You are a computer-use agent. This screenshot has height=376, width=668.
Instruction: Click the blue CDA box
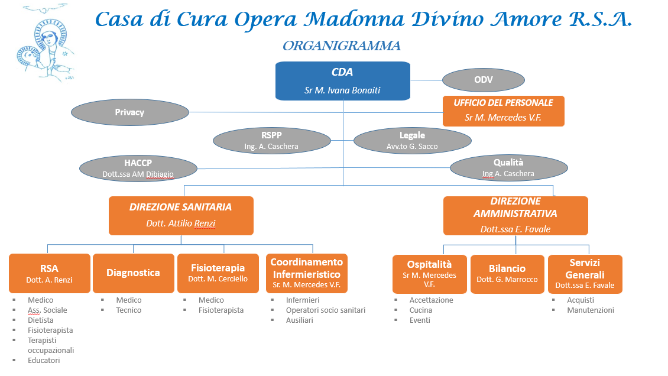point(342,81)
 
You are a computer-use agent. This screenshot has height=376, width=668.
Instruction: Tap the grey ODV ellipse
point(484,80)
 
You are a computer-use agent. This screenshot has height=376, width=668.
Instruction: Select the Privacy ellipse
point(130,112)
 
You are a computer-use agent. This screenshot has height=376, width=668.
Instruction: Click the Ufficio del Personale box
point(504,111)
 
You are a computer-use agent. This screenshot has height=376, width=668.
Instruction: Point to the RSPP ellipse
point(272,141)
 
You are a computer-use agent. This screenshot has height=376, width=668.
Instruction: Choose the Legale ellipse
point(413,141)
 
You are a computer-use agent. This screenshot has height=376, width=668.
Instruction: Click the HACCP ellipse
point(138,168)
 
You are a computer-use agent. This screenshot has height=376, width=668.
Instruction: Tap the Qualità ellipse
point(508,168)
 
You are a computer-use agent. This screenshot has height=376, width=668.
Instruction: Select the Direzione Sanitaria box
point(181,215)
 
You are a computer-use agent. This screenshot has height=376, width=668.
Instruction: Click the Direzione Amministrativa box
point(515,215)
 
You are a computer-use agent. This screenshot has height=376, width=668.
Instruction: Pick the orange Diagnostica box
point(134,273)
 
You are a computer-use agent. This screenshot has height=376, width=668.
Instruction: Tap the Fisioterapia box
point(218,273)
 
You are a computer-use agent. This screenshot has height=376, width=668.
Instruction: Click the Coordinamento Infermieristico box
point(307,273)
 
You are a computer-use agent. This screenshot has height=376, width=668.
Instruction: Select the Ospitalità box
point(429,274)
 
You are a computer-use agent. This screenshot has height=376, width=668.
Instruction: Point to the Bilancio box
point(507,274)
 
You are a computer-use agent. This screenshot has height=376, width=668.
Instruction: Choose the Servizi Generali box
point(585,274)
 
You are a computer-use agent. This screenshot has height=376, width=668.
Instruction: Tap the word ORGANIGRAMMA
point(342,46)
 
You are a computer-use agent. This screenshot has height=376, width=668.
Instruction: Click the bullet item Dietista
point(40,320)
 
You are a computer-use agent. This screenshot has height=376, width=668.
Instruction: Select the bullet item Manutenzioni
point(591,310)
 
